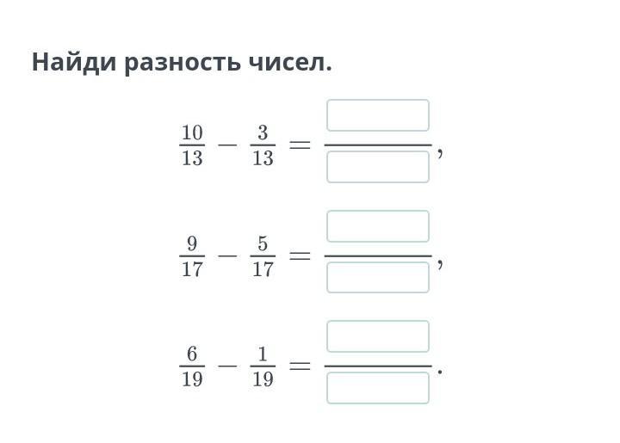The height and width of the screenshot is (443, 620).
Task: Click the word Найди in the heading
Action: [x=74, y=62]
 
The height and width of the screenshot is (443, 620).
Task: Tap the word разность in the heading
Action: [x=183, y=63]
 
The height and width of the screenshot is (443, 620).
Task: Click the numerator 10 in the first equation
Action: [x=192, y=132]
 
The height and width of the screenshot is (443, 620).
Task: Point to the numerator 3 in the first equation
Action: [x=263, y=132]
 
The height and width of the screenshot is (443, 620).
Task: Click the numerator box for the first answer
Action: [x=378, y=115]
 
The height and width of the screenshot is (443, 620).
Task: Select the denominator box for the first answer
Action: [x=378, y=167]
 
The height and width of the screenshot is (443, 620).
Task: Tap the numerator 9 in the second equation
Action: [x=192, y=243]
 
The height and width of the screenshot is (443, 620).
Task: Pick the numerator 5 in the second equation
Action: [x=263, y=243]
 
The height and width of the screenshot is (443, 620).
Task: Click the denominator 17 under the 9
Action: [x=192, y=269]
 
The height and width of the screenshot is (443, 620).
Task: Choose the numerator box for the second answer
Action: [x=378, y=226]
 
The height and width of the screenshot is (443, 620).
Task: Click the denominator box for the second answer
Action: [x=378, y=277]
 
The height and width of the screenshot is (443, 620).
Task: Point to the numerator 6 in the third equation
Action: [x=192, y=354]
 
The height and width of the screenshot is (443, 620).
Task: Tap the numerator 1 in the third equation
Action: [x=263, y=354]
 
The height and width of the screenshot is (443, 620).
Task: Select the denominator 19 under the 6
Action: [x=192, y=379]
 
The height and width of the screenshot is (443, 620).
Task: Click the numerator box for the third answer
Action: [x=378, y=336]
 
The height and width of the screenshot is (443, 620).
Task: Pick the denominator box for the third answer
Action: [x=378, y=388]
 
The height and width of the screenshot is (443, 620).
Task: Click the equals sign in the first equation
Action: [x=301, y=145]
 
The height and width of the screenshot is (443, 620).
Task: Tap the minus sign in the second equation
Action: [x=227, y=255]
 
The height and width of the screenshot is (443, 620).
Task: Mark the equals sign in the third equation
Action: [x=301, y=366]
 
